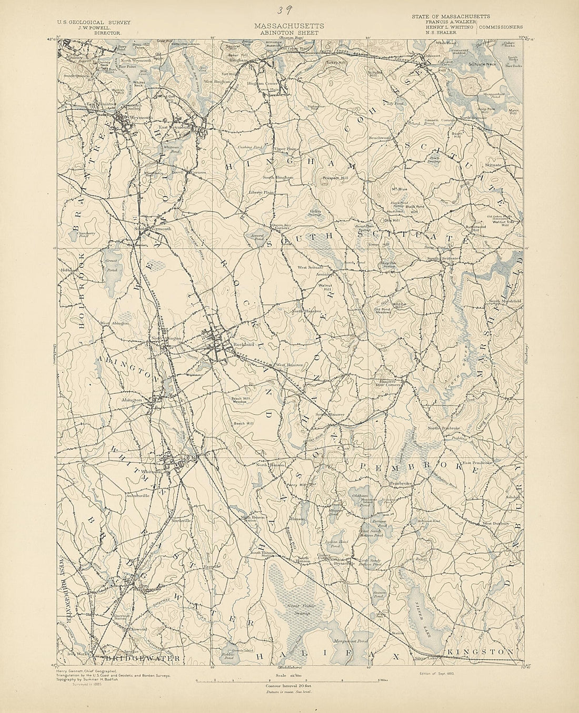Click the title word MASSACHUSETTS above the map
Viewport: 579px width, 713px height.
(x=289, y=26)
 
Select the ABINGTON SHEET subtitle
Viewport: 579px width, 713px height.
(x=289, y=32)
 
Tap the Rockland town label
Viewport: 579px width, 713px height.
(x=243, y=344)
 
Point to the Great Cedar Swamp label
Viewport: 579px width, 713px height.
(x=301, y=610)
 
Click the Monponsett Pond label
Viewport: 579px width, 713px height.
(x=350, y=642)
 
